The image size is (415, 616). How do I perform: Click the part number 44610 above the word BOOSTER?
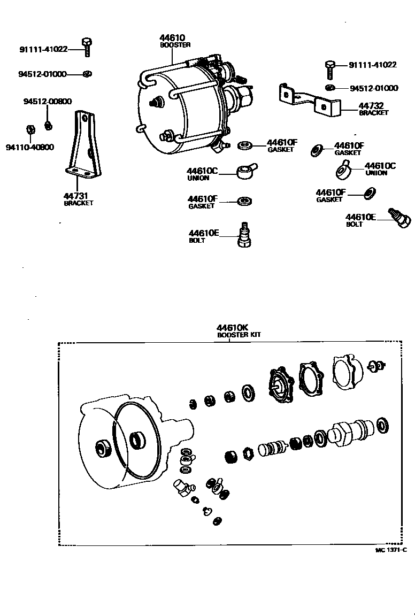point(172,38)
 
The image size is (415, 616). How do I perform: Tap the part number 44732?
point(371,106)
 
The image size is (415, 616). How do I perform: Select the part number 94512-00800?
point(48,102)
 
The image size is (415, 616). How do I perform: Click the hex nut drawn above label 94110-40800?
point(30,129)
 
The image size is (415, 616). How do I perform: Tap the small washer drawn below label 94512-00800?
point(48,126)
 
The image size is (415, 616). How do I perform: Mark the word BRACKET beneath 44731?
point(79,203)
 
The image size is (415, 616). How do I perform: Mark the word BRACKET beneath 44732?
point(373,113)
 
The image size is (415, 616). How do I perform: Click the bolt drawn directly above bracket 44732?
point(330,70)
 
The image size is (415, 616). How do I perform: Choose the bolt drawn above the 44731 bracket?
point(86,47)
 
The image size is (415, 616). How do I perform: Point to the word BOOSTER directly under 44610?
point(175,45)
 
